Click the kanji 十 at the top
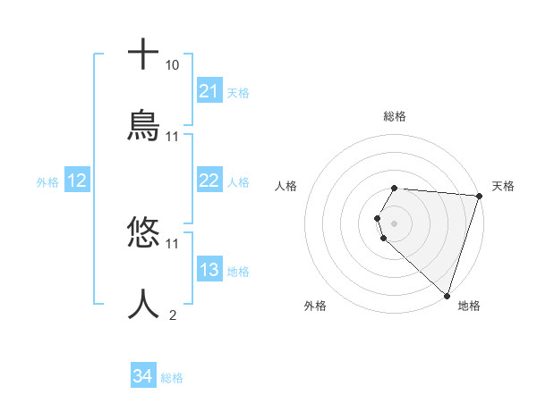[143, 55]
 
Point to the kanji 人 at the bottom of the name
[143, 303]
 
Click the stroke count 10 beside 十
[172, 65]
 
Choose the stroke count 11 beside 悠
[172, 243]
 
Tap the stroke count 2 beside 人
[172, 315]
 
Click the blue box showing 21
[209, 91]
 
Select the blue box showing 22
[209, 181]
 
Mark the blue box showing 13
[209, 270]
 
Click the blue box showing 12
[76, 181]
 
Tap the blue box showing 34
[142, 376]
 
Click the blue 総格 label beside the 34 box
[172, 378]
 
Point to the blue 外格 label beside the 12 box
[47, 182]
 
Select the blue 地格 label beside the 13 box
[238, 272]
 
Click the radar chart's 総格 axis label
[395, 116]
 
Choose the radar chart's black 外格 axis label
[315, 306]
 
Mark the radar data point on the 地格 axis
[447, 294]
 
